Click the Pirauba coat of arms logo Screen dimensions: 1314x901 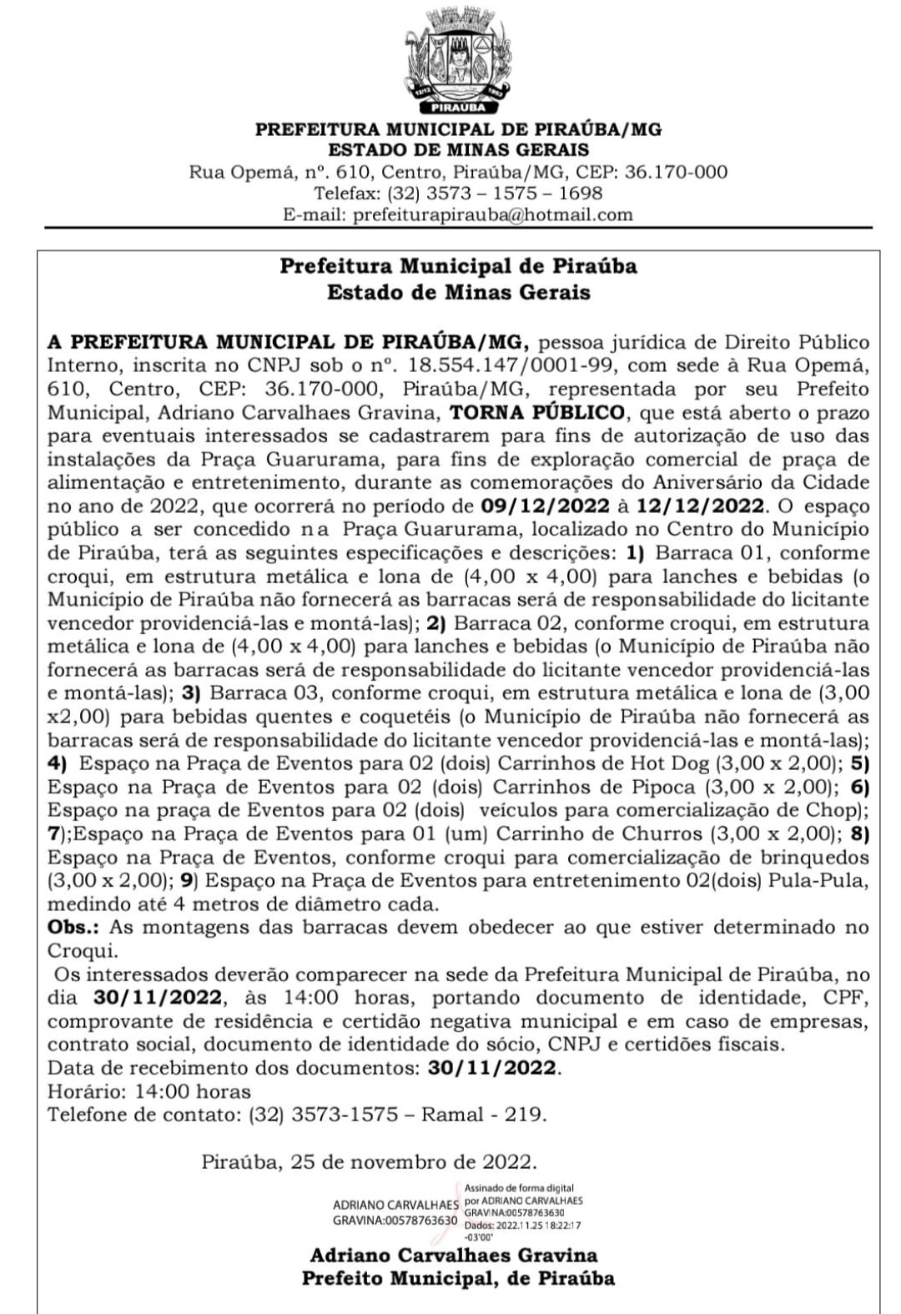click(x=457, y=60)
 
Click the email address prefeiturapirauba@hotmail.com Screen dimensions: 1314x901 click(x=492, y=214)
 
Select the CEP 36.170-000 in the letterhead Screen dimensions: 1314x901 click(x=676, y=173)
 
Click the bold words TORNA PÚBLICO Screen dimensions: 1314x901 click(x=537, y=412)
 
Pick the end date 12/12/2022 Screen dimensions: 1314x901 click(x=699, y=506)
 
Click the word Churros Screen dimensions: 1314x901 click(x=662, y=833)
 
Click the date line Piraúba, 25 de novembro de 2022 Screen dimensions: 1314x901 click(x=369, y=1162)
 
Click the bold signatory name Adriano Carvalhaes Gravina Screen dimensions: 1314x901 click(x=454, y=1255)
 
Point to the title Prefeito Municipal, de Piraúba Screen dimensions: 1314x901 click(x=458, y=1278)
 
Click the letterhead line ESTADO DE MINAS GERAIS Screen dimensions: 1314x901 click(x=458, y=150)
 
